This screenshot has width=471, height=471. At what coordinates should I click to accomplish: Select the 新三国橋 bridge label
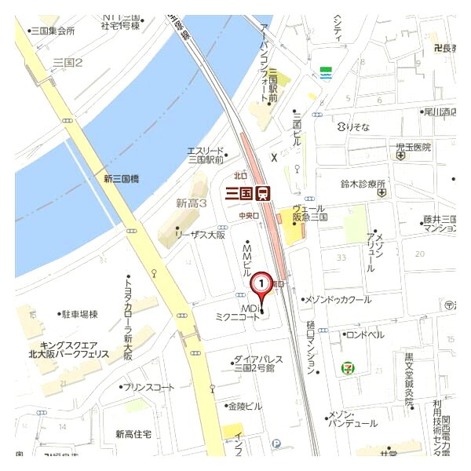[x=122, y=179]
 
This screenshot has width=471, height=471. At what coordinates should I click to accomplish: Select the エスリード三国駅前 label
[x=206, y=155]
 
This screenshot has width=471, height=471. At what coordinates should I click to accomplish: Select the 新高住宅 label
[x=133, y=434]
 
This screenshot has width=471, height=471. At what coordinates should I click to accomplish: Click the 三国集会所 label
[x=52, y=31]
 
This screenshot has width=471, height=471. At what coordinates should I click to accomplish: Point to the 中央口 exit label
[x=249, y=214]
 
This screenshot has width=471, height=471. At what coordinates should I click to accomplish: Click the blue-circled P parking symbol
[x=276, y=444]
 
